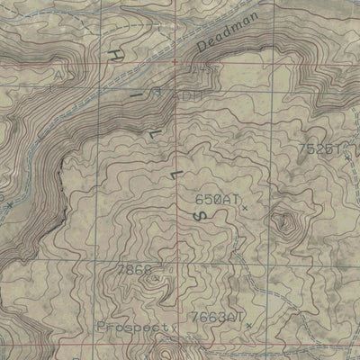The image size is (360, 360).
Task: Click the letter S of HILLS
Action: click(x=202, y=217)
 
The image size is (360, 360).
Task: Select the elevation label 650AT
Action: click(x=217, y=200)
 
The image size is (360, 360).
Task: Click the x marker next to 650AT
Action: click(x=243, y=208)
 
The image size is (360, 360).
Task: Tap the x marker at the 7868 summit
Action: click(x=156, y=278)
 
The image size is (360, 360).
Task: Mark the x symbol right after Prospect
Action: click(x=170, y=328)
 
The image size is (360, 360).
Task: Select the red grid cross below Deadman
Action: click(x=175, y=62)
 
